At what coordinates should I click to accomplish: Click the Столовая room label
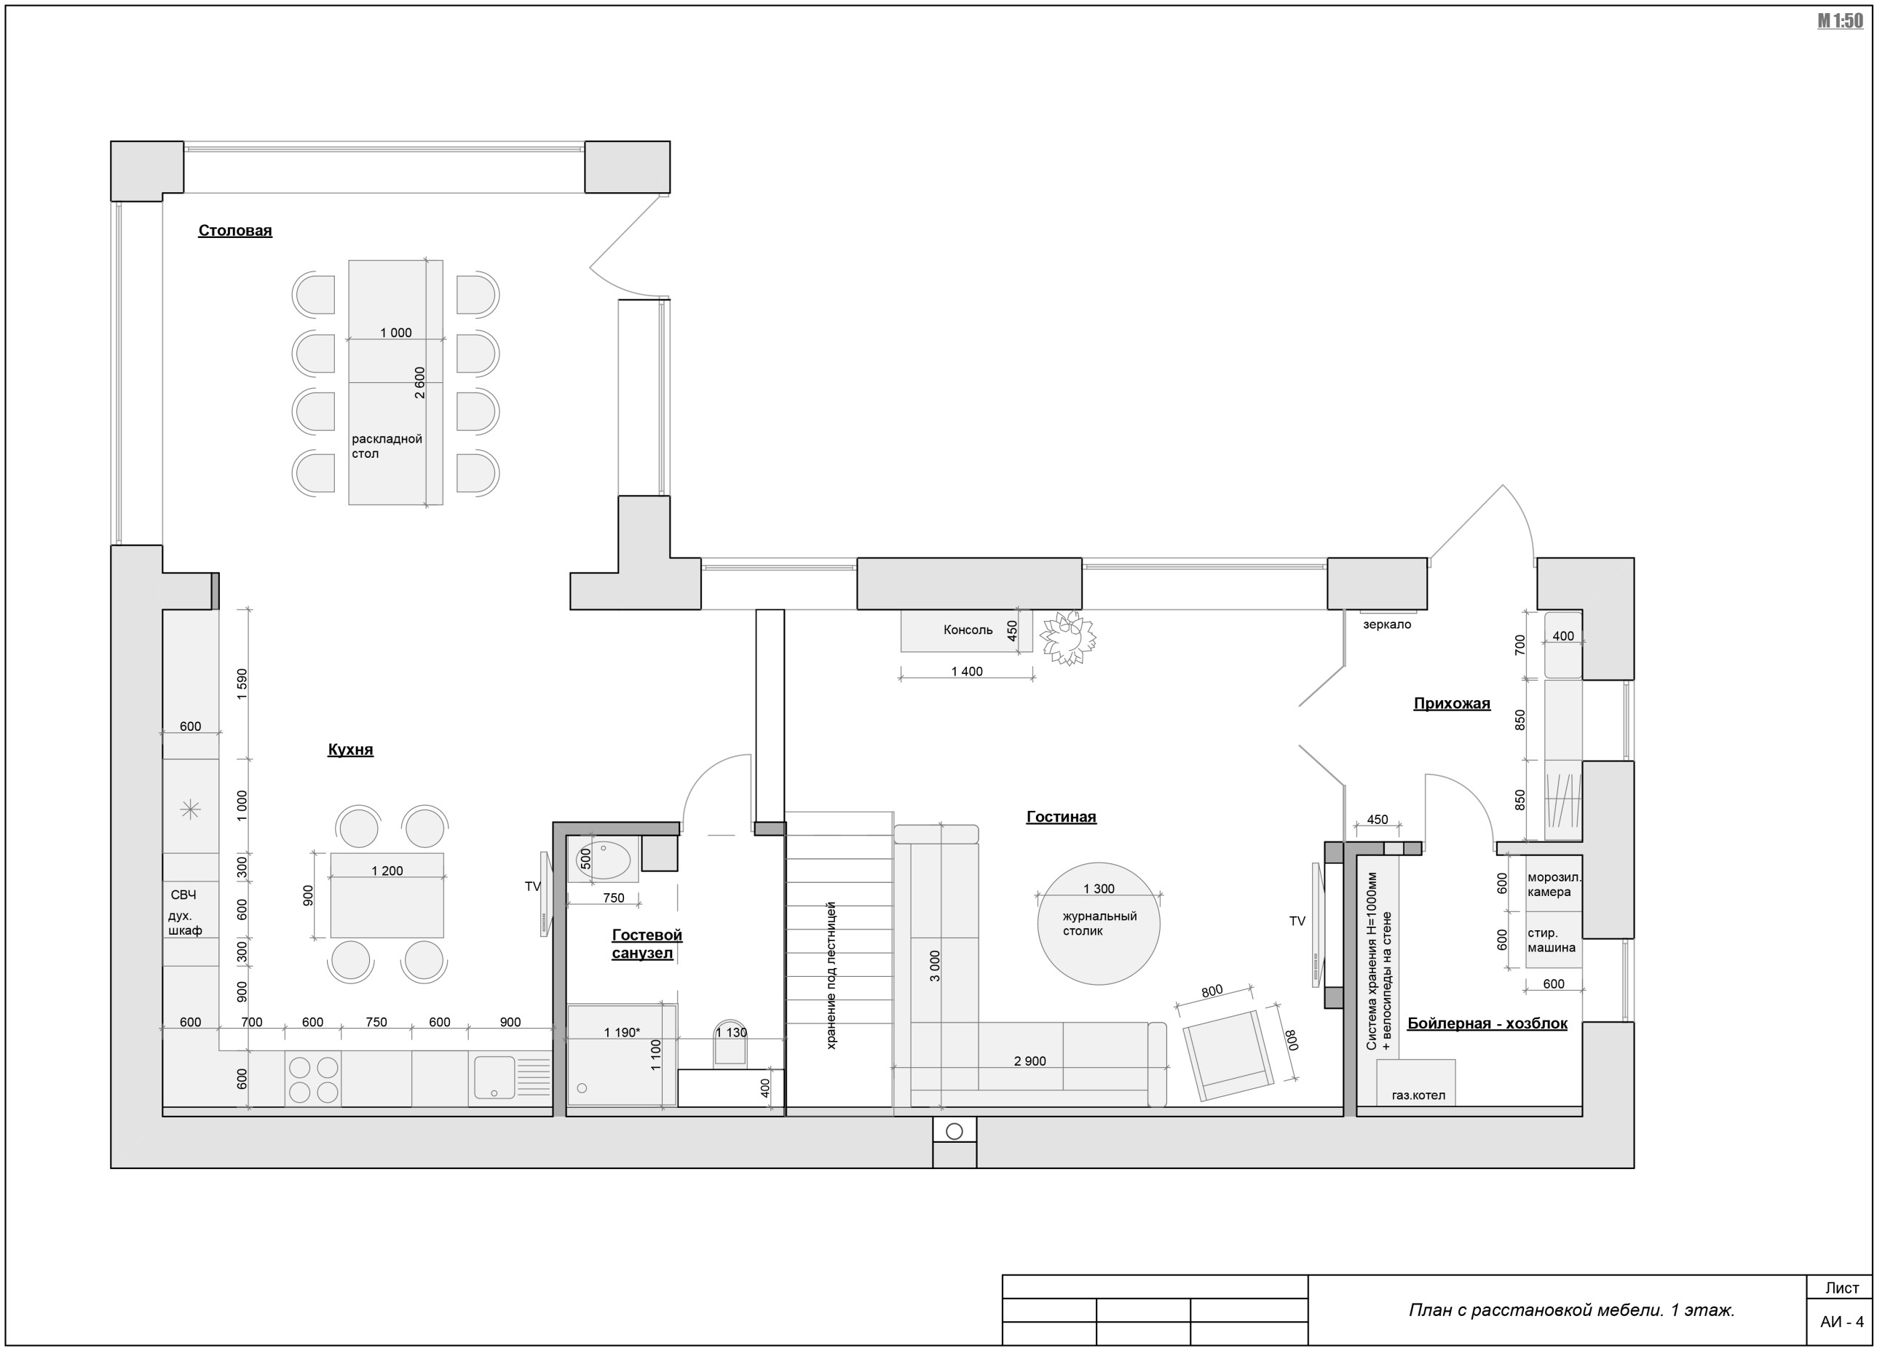pos(234,231)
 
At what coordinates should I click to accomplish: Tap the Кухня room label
pos(350,750)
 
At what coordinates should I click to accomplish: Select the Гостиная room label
pos(1061,817)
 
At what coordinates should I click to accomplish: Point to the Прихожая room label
pos(1452,704)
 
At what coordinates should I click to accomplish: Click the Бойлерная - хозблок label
pos(1487,1023)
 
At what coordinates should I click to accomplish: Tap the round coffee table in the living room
pos(1099,924)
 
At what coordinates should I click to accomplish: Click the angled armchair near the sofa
pos(1228,1055)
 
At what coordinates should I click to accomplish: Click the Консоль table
pos(966,630)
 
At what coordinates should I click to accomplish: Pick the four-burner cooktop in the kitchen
pos(313,1079)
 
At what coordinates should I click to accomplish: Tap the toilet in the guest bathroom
pos(730,1042)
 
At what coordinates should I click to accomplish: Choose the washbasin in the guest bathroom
pos(604,860)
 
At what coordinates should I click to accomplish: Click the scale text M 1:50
pos(1840,21)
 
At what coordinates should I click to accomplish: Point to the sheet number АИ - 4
pos(1841,1322)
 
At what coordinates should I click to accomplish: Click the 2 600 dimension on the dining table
pos(420,383)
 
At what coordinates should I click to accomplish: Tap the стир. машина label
pos(1551,940)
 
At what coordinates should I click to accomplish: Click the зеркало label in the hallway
pos(1387,625)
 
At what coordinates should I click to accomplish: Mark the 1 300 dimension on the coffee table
pos(1099,889)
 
